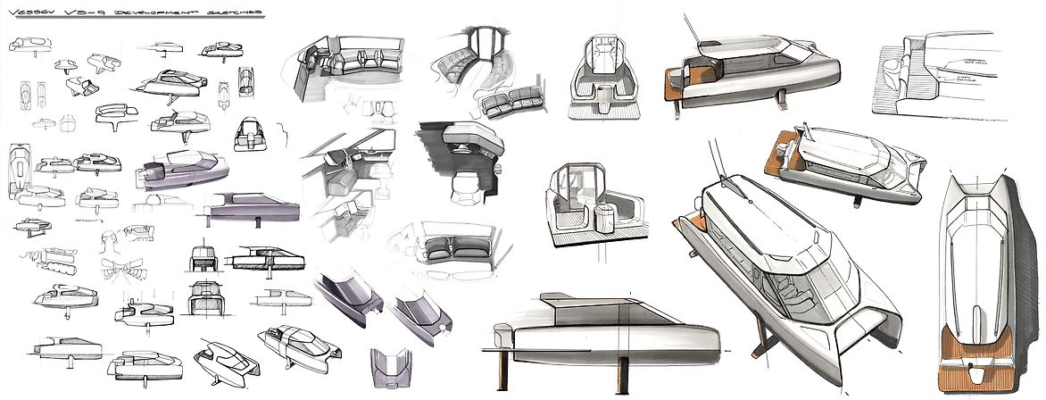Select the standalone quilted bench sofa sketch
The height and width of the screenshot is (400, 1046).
pos(503,105)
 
